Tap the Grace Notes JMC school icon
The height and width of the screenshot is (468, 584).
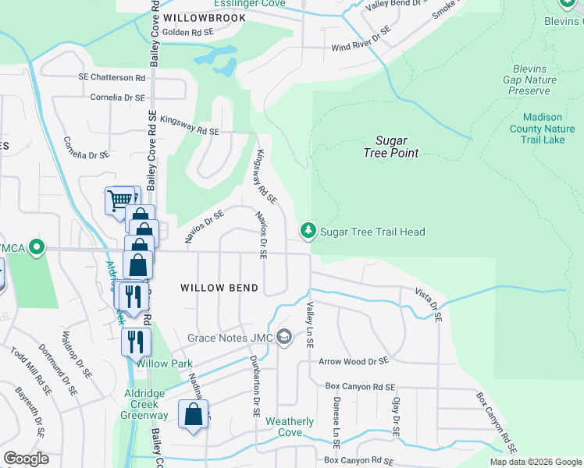[285, 338]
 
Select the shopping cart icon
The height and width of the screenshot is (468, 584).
[119, 200]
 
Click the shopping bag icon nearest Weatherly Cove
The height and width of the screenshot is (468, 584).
[193, 414]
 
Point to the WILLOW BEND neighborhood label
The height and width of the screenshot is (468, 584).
[219, 288]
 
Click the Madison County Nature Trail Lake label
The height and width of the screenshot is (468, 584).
[542, 129]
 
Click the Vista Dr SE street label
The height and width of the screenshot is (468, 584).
[429, 305]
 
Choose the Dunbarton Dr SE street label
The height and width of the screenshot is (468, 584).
[253, 385]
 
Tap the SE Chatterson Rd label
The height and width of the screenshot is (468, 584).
[112, 78]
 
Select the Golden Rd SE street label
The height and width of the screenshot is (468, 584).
[187, 33]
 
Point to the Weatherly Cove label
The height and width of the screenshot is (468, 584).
[290, 427]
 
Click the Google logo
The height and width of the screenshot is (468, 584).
[26, 459]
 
